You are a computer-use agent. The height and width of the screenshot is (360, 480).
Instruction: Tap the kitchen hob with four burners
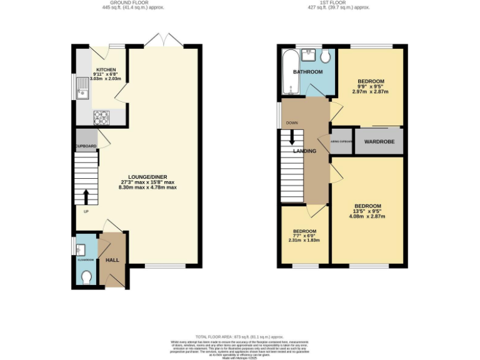click(x=101, y=116)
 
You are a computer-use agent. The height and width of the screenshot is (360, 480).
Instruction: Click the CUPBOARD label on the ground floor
click(x=86, y=146)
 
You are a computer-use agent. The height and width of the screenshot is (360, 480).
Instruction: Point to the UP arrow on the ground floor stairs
click(x=86, y=197)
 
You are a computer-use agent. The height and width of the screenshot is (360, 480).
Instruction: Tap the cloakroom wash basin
click(x=79, y=250)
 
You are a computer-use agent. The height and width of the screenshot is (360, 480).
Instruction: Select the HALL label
click(x=112, y=259)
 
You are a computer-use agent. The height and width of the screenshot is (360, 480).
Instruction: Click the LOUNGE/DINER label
click(x=149, y=176)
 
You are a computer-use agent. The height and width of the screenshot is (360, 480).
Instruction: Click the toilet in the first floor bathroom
click(x=325, y=57)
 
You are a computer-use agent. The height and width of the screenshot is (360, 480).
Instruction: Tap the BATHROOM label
click(x=308, y=72)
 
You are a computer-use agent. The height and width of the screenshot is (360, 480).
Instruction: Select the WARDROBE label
click(x=379, y=142)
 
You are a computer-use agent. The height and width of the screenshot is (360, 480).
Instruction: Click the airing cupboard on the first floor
click(x=341, y=142)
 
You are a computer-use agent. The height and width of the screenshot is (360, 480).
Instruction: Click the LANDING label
click(x=305, y=151)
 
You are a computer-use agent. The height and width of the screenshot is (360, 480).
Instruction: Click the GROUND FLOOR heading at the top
click(x=120, y=2)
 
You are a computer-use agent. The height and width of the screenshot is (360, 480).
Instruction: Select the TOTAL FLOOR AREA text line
click(x=240, y=337)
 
